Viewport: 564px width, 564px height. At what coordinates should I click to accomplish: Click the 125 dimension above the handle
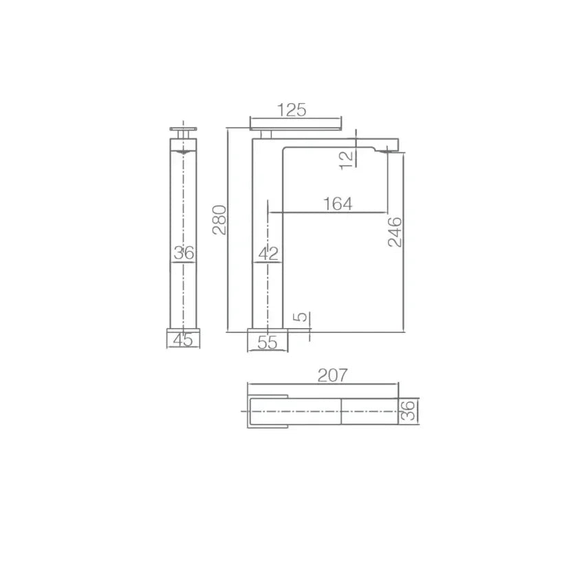click(292, 110)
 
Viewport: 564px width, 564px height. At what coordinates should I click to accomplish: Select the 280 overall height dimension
click(219, 220)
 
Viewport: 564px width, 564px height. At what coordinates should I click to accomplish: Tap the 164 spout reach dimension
click(338, 204)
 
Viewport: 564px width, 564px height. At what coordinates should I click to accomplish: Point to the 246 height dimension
click(395, 232)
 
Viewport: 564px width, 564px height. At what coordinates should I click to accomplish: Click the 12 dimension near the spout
click(347, 160)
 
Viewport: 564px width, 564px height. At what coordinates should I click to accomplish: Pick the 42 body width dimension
click(268, 253)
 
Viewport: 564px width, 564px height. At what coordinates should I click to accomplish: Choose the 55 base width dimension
click(268, 342)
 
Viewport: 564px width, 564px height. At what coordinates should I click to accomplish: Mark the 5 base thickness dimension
click(301, 316)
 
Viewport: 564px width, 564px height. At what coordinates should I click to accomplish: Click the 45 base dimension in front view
click(183, 340)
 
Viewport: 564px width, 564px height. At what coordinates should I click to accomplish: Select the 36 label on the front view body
click(184, 252)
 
